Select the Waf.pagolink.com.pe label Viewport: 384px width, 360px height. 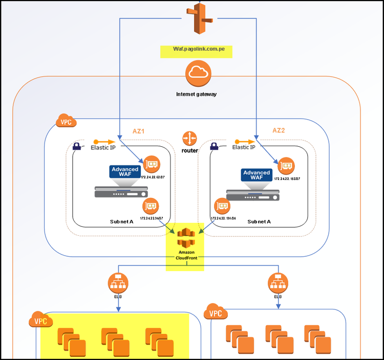pos(196,52)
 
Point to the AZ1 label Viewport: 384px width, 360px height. pos(139,131)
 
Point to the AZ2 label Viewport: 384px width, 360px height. pos(279,130)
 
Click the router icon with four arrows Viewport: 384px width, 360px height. pos(190,138)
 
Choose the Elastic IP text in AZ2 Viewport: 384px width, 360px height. pos(244,147)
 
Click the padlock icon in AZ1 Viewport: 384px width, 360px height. pos(77,147)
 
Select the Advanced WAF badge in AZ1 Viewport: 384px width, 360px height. pos(125,171)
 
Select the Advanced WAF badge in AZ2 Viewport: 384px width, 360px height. pos(256,175)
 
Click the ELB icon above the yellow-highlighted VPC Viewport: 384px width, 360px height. pos(118,283)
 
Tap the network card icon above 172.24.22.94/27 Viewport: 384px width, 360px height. pos(151,206)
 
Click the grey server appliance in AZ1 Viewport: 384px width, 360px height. pos(121,192)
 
